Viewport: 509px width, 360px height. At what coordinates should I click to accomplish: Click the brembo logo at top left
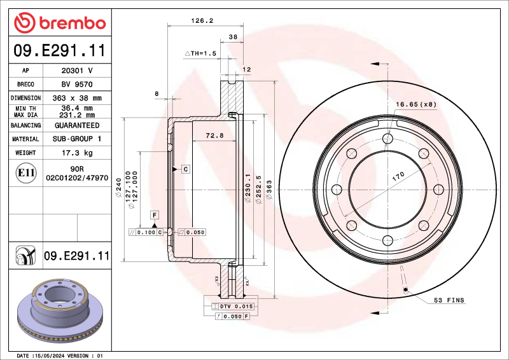pyautogui.click(x=60, y=22)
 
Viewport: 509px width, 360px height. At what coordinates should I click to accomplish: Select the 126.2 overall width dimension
pyautogui.click(x=202, y=20)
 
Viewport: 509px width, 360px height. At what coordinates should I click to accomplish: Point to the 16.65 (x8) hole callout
pyautogui.click(x=415, y=104)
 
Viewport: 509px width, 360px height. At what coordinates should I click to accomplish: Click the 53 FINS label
pyautogui.click(x=449, y=300)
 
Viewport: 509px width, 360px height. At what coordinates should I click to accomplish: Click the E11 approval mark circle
pyautogui.click(x=26, y=172)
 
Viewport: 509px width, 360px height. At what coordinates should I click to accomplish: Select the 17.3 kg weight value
pyautogui.click(x=77, y=153)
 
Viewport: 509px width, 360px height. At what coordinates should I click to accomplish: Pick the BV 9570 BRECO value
pyautogui.click(x=77, y=84)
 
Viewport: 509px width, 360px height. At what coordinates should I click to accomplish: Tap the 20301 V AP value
pyautogui.click(x=77, y=71)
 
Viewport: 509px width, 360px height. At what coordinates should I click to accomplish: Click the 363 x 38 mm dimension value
pyautogui.click(x=77, y=98)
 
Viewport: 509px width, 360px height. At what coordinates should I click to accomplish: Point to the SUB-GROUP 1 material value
pyautogui.click(x=77, y=139)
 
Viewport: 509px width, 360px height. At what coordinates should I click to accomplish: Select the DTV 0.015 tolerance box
pyautogui.click(x=232, y=307)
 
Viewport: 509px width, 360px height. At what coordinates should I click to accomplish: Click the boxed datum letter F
pyautogui.click(x=155, y=215)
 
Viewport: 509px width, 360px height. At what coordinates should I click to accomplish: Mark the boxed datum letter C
pyautogui.click(x=185, y=169)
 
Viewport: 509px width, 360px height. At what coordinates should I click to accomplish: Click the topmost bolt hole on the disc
pyautogui.click(x=387, y=139)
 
